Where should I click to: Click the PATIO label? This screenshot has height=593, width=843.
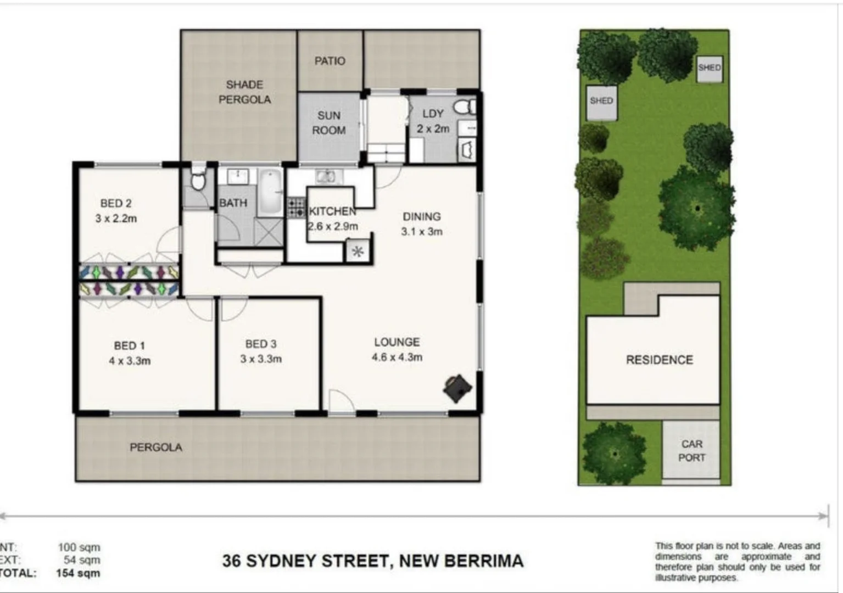(330, 61)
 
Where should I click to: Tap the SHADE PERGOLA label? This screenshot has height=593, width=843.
(244, 92)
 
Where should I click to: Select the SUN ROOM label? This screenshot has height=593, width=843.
(328, 123)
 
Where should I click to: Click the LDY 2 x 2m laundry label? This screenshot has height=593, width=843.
(433, 121)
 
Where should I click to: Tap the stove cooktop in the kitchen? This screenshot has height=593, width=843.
(296, 208)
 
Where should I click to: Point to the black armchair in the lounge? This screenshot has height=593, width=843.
(457, 388)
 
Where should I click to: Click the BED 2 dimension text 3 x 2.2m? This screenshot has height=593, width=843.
(116, 219)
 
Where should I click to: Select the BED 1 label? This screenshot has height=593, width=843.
(130, 346)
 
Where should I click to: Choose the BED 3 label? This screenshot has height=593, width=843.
(261, 344)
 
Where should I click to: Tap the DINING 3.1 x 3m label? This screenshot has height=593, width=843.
(422, 224)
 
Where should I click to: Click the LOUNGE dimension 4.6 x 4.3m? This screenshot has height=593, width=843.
(397, 357)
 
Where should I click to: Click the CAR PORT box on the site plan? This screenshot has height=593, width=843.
(691, 451)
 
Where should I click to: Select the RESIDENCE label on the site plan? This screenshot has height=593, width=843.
(659, 360)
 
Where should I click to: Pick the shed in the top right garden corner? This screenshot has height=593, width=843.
(709, 68)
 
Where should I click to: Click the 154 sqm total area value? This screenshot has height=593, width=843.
(78, 573)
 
